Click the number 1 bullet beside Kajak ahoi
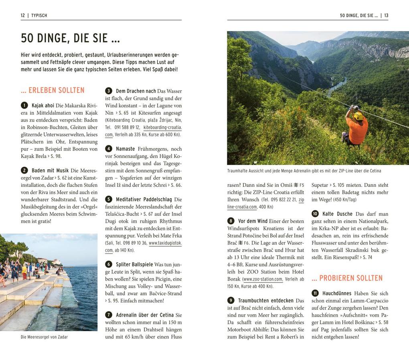[x=24, y=105]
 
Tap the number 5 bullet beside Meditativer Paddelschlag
[x=108, y=199]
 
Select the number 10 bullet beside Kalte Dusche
[x=315, y=214]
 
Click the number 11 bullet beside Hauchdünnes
[x=315, y=293]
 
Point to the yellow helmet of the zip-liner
[x=358, y=116]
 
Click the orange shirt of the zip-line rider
[x=358, y=130]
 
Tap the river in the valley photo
[x=337, y=86]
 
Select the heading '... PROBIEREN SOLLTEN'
[x=347, y=278]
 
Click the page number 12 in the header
[x=23, y=16]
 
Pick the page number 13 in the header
[x=386, y=16]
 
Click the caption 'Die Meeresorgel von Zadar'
[x=44, y=337]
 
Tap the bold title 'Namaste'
[x=125, y=149]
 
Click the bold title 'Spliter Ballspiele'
[x=134, y=264]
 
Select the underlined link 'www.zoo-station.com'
[x=263, y=279]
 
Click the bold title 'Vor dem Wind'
[x=253, y=221]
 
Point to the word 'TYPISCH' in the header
[x=39, y=16]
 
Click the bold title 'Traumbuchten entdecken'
[x=265, y=300]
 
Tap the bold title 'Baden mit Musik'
[x=50, y=170]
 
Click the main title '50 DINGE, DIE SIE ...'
[x=70, y=38]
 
